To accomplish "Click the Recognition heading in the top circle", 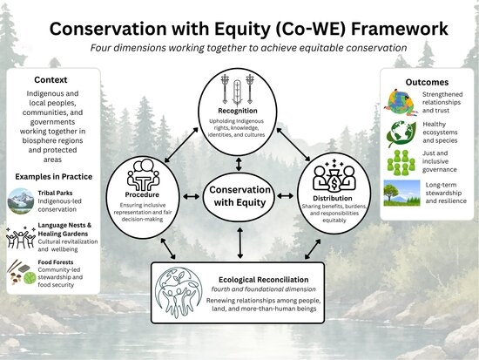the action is click(x=238, y=111).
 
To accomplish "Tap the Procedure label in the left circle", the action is click(x=142, y=195).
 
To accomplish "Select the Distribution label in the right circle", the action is click(x=333, y=198).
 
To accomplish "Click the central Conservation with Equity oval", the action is click(x=239, y=196).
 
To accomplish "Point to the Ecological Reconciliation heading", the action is click(x=263, y=280).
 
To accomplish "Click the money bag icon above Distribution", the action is click(x=334, y=178).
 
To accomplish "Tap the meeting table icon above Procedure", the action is click(x=143, y=175).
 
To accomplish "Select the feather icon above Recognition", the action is click(x=238, y=92).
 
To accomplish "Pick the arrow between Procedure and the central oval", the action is click(x=192, y=197).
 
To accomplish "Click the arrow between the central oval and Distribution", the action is click(x=285, y=196).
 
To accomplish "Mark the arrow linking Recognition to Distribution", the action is click(x=293, y=145).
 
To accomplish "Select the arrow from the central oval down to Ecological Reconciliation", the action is click(x=240, y=243).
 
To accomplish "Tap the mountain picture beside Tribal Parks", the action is click(x=21, y=201).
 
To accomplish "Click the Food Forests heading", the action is click(x=56, y=262).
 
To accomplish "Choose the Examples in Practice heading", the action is click(x=53, y=177).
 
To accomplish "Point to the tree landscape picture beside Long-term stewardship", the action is click(x=401, y=193).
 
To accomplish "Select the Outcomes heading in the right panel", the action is click(x=427, y=82).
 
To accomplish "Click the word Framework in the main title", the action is click(x=400, y=29).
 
